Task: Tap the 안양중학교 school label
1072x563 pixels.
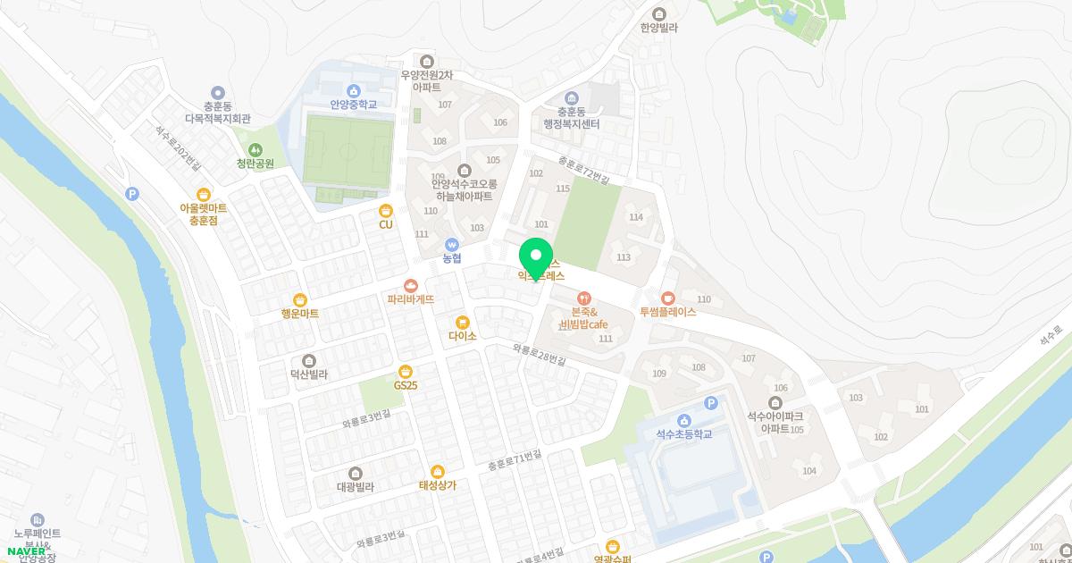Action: tap(353, 105)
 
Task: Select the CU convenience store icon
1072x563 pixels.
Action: tap(386, 211)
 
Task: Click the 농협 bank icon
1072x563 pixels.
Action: tap(452, 244)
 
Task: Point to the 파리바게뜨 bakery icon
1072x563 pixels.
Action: tap(411, 286)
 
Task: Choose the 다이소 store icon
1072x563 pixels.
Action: tap(462, 323)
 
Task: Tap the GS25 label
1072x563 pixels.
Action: tap(406, 385)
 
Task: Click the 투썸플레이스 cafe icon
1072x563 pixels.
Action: tap(667, 298)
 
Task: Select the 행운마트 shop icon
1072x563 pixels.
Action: tap(300, 300)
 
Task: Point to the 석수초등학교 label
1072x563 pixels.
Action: tap(684, 434)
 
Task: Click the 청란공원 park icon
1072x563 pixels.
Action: tap(255, 150)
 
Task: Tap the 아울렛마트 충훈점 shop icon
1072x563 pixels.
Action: tap(204, 194)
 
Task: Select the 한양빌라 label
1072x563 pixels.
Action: tap(659, 28)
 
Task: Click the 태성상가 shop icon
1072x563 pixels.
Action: tap(438, 472)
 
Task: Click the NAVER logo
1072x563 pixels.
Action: tap(26, 551)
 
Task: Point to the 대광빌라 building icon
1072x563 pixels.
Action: tap(356, 474)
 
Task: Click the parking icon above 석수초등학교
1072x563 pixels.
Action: tap(711, 403)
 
